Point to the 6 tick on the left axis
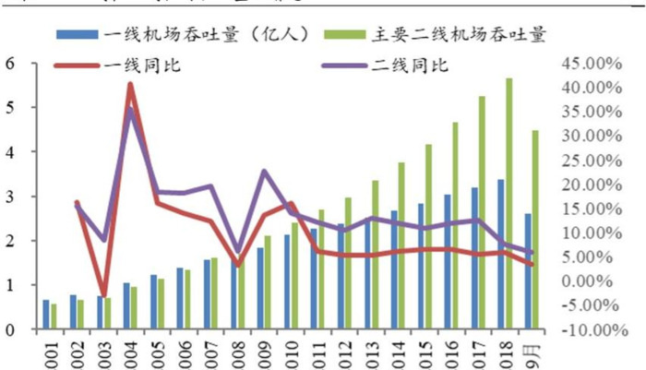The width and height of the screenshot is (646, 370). [12, 64]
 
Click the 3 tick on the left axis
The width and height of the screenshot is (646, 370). [12, 197]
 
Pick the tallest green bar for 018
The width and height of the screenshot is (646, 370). [509, 203]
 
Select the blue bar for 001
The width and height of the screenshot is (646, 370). [46, 315]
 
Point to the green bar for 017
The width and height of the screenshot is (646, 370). [483, 212]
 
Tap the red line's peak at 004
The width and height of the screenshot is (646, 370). [130, 85]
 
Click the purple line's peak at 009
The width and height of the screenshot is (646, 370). [265, 171]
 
